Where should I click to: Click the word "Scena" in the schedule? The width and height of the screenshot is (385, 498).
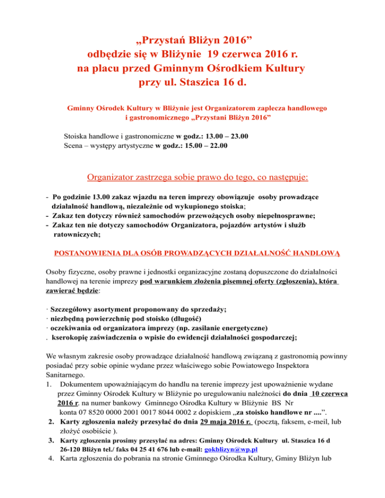(x=74, y=146)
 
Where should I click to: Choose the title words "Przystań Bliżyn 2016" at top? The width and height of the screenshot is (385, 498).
(x=192, y=39)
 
